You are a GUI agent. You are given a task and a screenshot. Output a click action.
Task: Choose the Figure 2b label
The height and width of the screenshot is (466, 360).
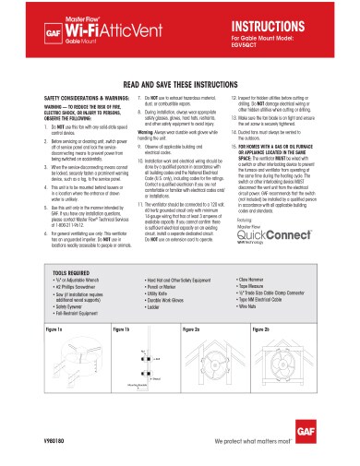274,328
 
